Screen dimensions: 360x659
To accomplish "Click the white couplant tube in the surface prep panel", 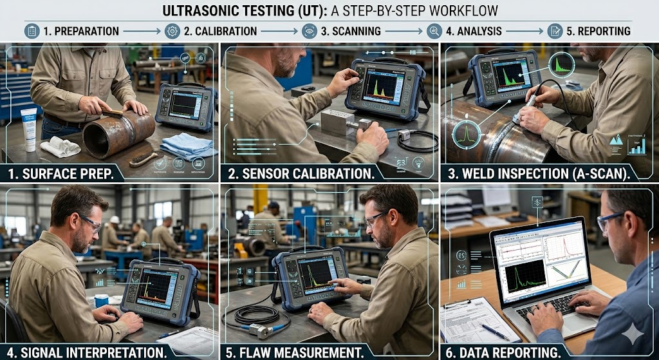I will (28, 129).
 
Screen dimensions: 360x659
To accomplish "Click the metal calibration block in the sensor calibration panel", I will (340, 121).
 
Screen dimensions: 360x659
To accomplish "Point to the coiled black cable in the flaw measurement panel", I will (255, 315).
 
